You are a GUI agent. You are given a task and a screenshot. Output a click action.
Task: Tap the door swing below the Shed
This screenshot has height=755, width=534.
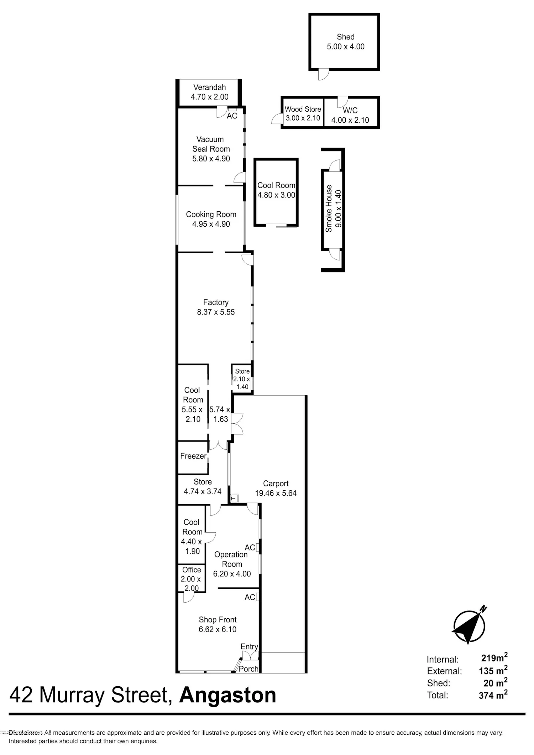[x=323, y=74]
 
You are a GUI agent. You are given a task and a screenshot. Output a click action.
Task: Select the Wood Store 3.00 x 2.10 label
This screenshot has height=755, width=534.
[x=303, y=113]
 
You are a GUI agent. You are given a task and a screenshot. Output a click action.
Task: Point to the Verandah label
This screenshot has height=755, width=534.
[x=210, y=87]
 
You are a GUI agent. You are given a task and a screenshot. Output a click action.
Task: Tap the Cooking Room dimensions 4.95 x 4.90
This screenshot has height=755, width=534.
[x=211, y=224]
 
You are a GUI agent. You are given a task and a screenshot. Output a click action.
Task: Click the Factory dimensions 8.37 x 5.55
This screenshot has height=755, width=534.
[x=216, y=312]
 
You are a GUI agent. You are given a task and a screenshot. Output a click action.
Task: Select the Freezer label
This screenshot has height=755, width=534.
[x=193, y=456]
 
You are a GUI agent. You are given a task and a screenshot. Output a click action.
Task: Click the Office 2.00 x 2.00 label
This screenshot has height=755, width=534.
[x=192, y=579]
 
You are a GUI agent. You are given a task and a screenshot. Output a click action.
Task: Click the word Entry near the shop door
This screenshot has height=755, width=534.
[x=249, y=646]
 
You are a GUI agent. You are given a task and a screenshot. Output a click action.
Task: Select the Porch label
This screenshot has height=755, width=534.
[x=248, y=669]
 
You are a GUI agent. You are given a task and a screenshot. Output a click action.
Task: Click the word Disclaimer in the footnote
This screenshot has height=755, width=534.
[x=26, y=733]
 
